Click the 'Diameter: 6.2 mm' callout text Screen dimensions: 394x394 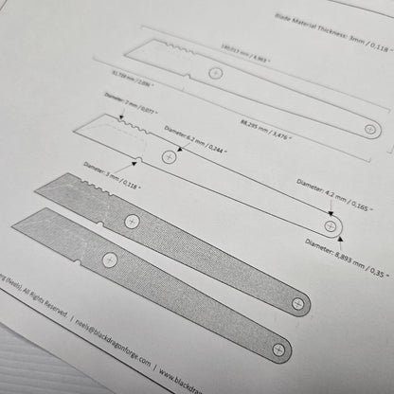[196, 132]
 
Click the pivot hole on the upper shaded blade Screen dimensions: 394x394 [131, 221]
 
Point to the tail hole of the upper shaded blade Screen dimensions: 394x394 [299, 304]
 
